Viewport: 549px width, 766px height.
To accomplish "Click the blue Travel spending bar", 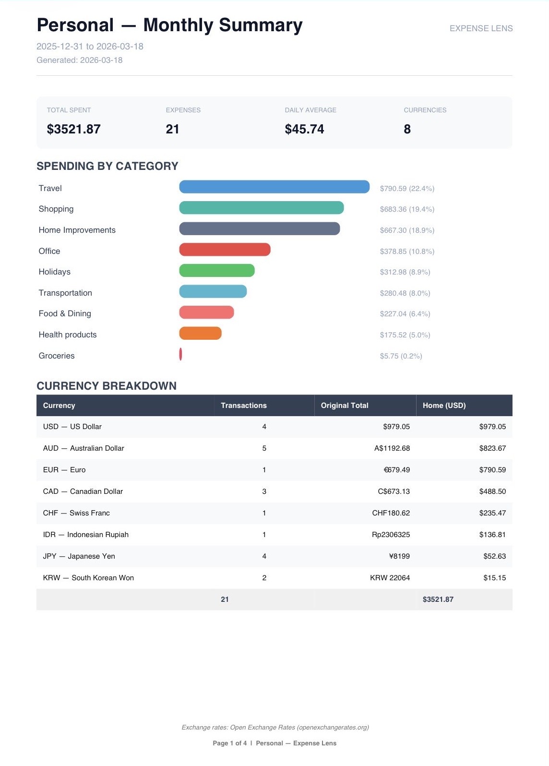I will (x=274, y=187).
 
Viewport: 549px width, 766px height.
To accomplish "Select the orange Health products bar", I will (x=200, y=333).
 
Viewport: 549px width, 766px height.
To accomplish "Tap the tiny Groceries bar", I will (x=180, y=354).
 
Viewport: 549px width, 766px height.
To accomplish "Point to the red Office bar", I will (x=225, y=250).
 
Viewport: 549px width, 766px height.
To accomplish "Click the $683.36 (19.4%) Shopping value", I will (x=406, y=209).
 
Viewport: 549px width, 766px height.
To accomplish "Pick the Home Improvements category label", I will (x=77, y=230).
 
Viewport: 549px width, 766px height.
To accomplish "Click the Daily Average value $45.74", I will (x=304, y=129).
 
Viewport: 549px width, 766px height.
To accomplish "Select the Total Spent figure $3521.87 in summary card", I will (x=73, y=129).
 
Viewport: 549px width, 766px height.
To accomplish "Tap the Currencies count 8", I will (x=407, y=129).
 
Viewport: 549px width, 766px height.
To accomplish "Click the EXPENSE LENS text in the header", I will (x=481, y=28).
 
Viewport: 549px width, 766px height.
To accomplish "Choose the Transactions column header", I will (x=243, y=406).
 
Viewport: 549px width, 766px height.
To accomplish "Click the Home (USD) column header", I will (x=444, y=406).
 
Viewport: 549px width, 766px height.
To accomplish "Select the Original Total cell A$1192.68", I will (x=392, y=448).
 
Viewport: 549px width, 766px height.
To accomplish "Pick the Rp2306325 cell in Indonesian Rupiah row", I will (x=391, y=535).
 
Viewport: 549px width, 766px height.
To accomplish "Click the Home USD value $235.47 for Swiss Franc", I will (x=492, y=513).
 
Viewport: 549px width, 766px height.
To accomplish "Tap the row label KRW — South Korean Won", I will (x=88, y=578).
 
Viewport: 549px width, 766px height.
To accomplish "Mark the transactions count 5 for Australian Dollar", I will (x=264, y=448).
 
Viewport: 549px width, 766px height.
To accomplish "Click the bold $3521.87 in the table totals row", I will (x=438, y=599).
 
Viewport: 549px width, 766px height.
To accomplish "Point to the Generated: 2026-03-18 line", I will (x=79, y=60).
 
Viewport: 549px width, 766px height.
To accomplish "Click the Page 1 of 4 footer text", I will (x=229, y=743).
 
